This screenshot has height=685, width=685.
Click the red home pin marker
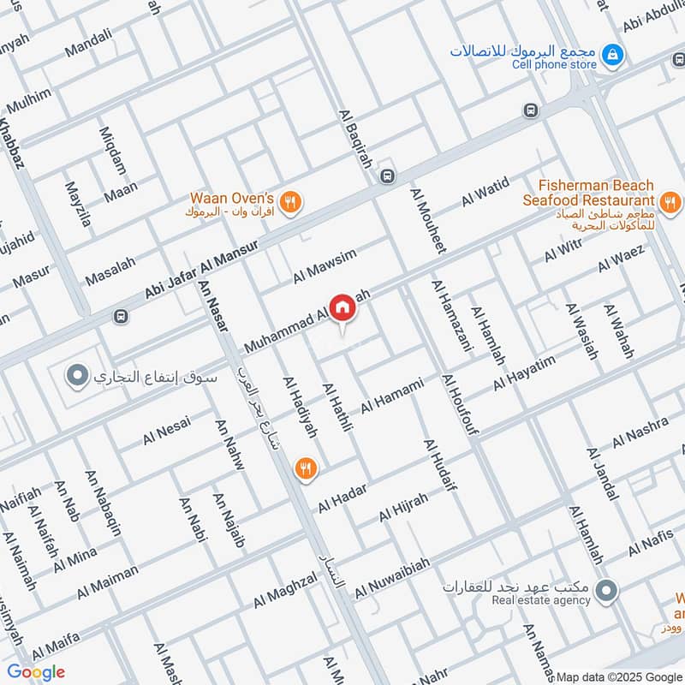[342, 307]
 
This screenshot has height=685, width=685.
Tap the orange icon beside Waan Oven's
[292, 202]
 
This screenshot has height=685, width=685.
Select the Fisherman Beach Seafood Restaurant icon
[670, 203]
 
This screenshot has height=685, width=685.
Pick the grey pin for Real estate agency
[606, 590]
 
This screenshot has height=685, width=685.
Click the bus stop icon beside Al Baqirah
[387, 175]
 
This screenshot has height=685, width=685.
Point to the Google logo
[36, 672]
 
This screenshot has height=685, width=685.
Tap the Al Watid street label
[485, 191]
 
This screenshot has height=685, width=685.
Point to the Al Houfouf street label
[460, 404]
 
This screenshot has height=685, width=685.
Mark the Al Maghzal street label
[285, 591]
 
